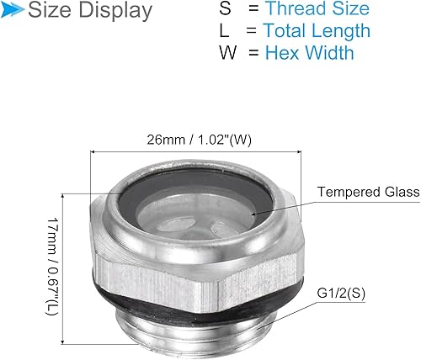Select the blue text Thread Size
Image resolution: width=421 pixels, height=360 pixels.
[x=317, y=9]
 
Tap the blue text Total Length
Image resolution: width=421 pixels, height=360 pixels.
[x=316, y=31]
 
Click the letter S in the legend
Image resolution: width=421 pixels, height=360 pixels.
[x=223, y=9]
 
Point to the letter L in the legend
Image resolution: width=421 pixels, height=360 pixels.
[x=223, y=31]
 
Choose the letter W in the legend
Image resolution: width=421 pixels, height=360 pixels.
[x=224, y=53]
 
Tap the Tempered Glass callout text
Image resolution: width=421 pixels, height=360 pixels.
[x=368, y=193]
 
